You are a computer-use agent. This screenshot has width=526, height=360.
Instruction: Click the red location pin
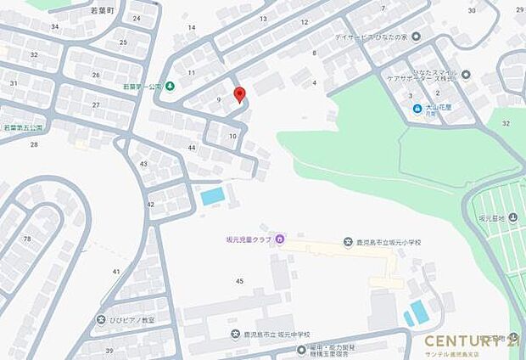(x=239, y=94)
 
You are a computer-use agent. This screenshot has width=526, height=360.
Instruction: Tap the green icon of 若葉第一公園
(x=171, y=86)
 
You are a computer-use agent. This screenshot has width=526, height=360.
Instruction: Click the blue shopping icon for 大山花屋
(x=417, y=109)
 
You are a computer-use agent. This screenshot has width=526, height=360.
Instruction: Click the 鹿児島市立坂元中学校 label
(x=277, y=334)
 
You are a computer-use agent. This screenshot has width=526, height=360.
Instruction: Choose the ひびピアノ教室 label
(x=131, y=320)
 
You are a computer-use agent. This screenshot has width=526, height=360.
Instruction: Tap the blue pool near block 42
(x=213, y=196)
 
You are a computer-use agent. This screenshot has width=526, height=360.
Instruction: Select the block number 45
(x=240, y=281)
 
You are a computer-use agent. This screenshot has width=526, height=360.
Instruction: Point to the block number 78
(x=26, y=239)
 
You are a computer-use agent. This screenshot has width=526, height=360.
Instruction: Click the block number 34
(x=54, y=26)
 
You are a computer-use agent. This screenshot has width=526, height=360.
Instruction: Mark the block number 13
(x=263, y=18)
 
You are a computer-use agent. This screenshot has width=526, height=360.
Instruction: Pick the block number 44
(x=192, y=148)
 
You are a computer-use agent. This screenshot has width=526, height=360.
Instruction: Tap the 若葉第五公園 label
(x=23, y=127)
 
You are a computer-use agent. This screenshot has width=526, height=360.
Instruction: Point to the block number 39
(x=109, y=351)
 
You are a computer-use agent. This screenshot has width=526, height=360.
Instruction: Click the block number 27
(x=96, y=104)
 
